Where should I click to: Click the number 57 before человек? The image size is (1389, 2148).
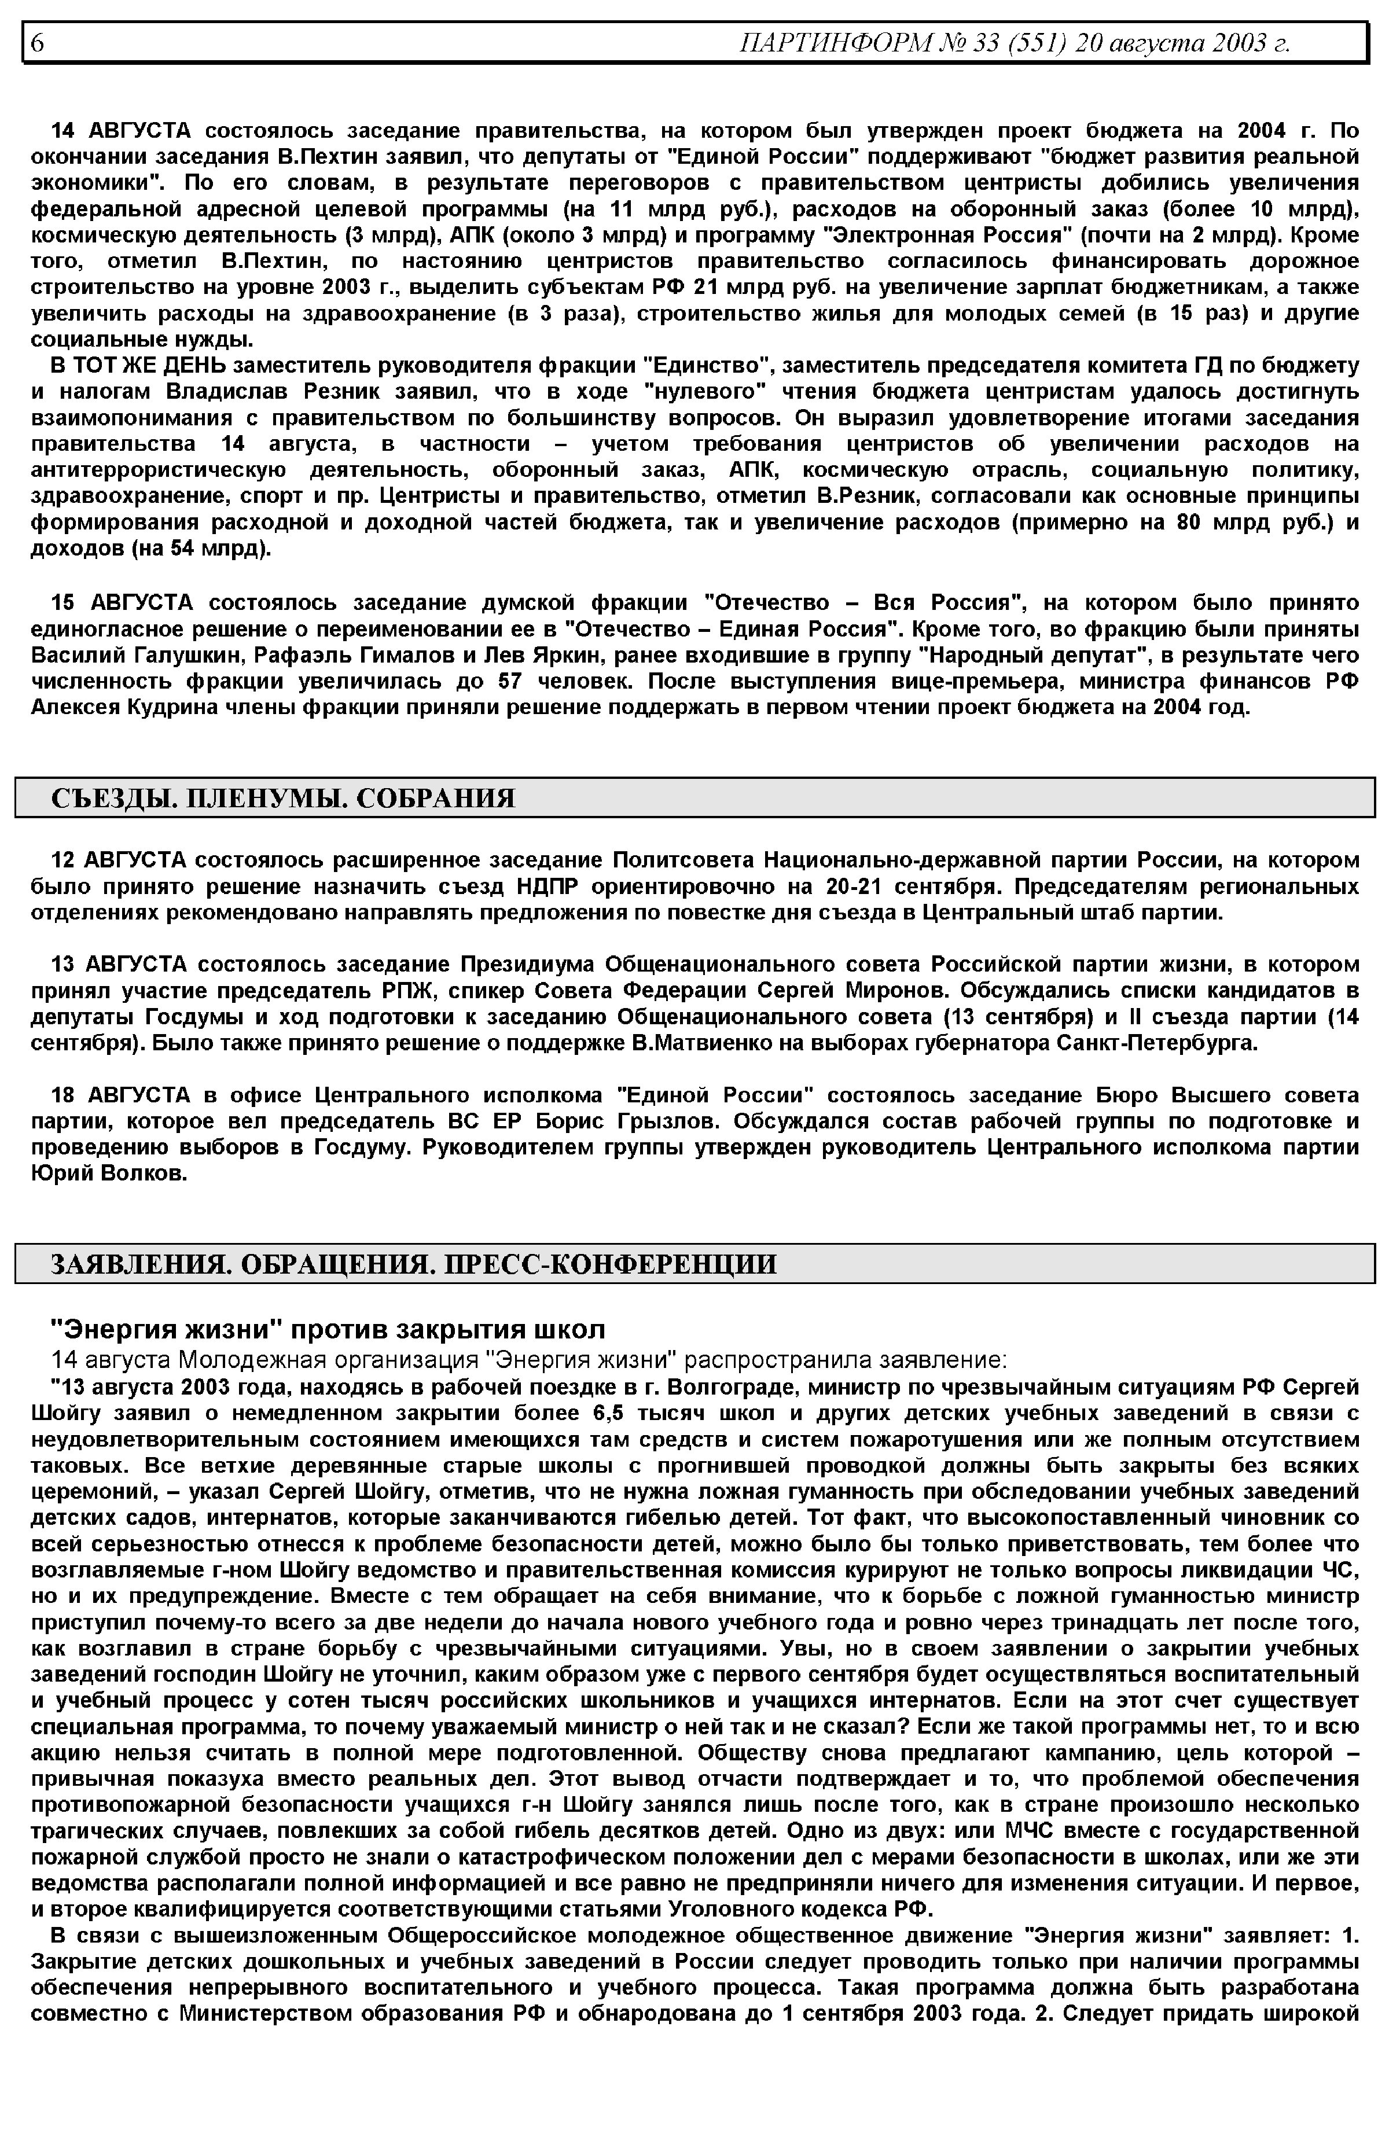tap(510, 681)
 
